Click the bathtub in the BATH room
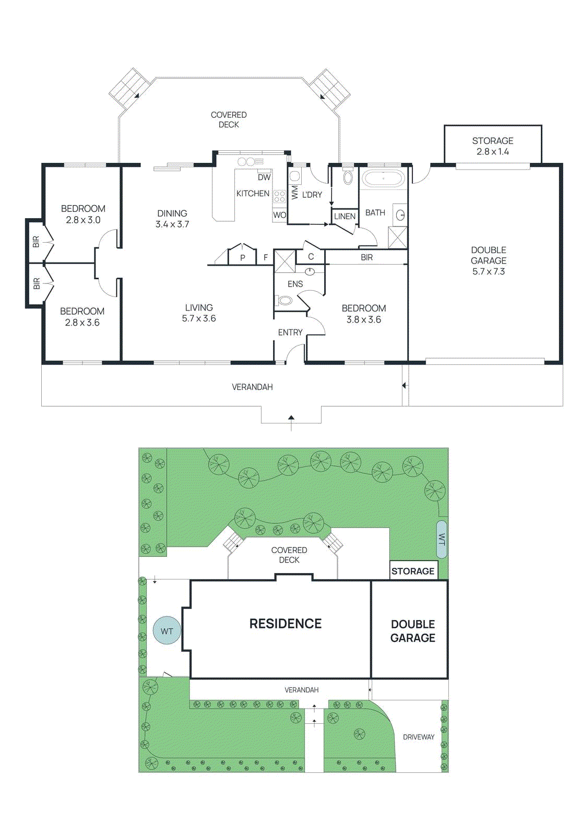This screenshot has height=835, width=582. click(384, 179)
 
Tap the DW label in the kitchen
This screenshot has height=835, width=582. click(264, 177)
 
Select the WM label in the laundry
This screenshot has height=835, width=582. click(295, 192)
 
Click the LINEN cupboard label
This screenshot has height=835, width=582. click(345, 216)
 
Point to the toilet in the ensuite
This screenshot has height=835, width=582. click(284, 301)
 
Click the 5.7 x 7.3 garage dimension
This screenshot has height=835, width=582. click(489, 271)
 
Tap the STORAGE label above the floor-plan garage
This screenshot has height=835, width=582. click(493, 141)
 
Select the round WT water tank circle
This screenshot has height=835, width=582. click(167, 631)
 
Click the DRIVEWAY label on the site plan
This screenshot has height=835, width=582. click(419, 737)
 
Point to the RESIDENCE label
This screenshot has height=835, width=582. click(286, 624)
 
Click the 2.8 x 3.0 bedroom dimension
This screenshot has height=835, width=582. click(83, 220)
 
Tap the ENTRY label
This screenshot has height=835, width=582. click(290, 332)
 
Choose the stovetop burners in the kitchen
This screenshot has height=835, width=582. click(280, 196)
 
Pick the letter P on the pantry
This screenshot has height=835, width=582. click(243, 258)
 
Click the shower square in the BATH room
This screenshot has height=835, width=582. click(397, 237)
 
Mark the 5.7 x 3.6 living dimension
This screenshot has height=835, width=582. click(199, 318)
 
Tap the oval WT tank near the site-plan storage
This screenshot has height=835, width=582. click(442, 539)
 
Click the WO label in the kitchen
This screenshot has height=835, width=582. click(279, 215)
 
